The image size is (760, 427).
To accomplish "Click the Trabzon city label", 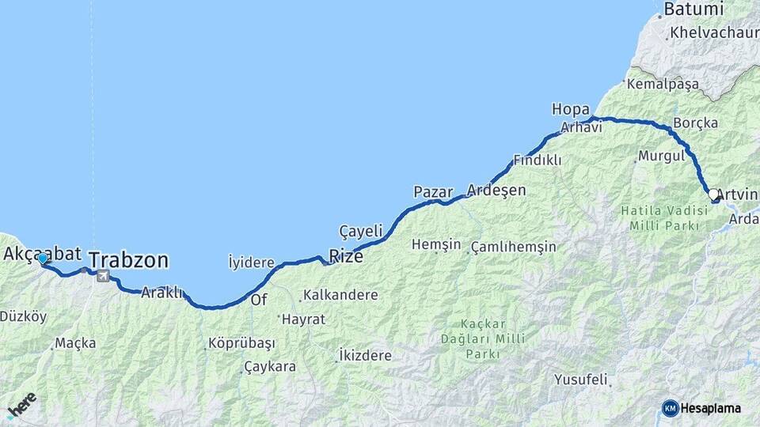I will coord(128,260).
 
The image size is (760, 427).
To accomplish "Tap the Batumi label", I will coord(693,9).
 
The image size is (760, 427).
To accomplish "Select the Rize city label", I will coord(346,256).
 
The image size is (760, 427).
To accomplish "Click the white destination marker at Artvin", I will coord(713,195).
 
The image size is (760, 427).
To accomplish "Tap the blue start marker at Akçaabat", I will coord(42,259).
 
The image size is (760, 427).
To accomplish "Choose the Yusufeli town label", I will coord(580,380).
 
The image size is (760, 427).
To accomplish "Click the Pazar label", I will coord(433,192).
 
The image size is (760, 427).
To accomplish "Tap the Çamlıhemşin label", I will coord(513,247).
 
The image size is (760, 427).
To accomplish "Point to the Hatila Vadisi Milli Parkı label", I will coord(659,218).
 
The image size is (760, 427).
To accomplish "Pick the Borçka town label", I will coord(695,123).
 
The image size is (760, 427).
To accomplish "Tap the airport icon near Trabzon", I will coord(102,276).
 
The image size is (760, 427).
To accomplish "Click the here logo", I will coord(21,405).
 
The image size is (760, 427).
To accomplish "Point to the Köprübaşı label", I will coord(241,344).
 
